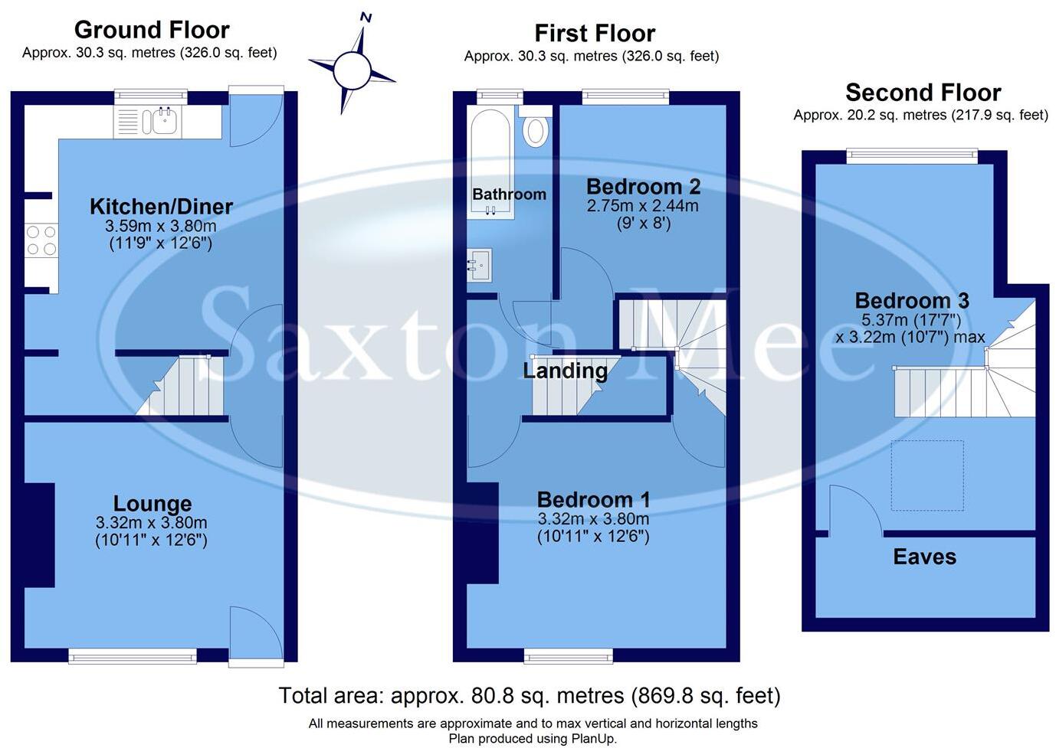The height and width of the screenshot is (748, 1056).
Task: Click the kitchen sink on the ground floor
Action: (164, 121)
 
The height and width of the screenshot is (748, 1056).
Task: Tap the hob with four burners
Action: (41, 240)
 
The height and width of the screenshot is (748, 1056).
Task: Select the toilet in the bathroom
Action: (535, 129)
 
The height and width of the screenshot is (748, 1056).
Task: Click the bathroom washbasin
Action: (479, 265)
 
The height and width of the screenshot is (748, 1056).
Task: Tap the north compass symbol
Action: (353, 70)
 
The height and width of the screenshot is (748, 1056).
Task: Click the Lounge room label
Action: (152, 504)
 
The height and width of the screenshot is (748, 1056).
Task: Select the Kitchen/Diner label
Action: (161, 206)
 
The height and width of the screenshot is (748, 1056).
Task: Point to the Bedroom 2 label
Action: (643, 186)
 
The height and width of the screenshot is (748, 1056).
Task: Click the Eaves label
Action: (924, 557)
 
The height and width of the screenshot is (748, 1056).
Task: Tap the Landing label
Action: (565, 371)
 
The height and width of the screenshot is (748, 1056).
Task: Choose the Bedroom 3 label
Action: (911, 300)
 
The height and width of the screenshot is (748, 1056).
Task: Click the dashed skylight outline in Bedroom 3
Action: (926, 475)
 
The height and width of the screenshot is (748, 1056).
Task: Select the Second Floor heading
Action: (923, 93)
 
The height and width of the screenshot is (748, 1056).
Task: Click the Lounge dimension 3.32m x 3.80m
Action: (151, 524)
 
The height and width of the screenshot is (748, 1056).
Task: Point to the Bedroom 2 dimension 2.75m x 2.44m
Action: (642, 205)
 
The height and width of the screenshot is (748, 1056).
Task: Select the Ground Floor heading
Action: (152, 30)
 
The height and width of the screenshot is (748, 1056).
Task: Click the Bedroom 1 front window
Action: (568, 655)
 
